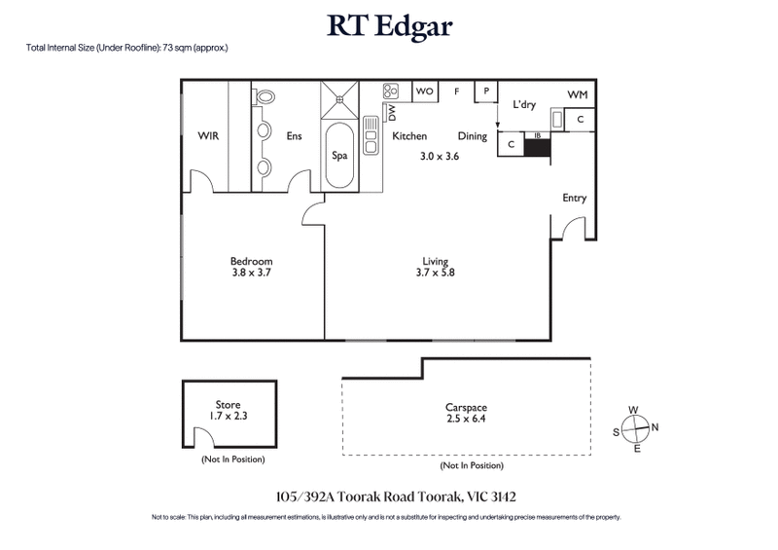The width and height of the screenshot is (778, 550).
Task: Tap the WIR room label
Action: (x=208, y=136)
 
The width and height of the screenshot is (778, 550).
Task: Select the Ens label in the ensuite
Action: (x=294, y=136)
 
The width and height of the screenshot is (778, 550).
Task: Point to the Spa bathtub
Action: (x=340, y=155)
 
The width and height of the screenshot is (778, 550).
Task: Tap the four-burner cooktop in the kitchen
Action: (x=391, y=92)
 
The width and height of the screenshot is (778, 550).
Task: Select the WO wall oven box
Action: (x=425, y=92)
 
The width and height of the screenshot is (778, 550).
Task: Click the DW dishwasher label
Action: (x=392, y=115)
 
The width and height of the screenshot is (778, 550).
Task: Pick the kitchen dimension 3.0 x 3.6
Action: (x=439, y=156)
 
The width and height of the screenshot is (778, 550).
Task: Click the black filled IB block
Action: (x=537, y=148)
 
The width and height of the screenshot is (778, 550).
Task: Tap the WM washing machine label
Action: (x=577, y=94)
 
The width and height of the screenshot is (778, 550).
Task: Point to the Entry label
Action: (x=574, y=198)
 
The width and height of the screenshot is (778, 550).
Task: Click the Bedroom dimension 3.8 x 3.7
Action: (x=251, y=274)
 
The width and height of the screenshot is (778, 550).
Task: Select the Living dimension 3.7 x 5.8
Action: (x=436, y=274)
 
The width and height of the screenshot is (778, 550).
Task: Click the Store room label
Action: (x=228, y=404)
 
